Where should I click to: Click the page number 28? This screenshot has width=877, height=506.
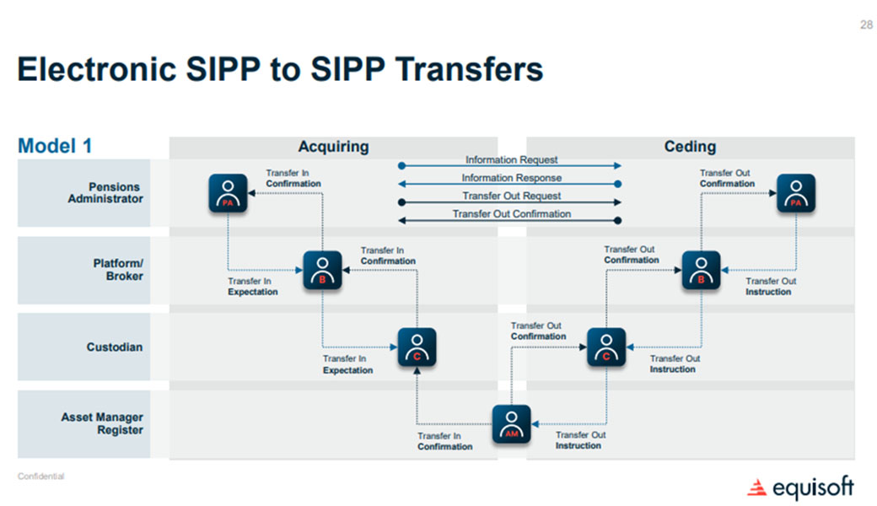click(x=866, y=24)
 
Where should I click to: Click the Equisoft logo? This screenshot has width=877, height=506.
click(x=800, y=487)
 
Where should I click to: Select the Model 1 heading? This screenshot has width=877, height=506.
click(x=55, y=146)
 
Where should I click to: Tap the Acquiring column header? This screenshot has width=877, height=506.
click(x=333, y=147)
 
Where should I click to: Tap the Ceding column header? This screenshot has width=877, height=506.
click(x=690, y=147)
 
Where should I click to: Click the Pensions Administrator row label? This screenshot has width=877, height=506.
click(x=105, y=193)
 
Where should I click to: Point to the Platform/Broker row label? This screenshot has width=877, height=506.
click(x=117, y=270)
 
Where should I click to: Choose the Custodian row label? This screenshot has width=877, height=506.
click(x=115, y=347)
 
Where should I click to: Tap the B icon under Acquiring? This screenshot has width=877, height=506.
click(x=322, y=270)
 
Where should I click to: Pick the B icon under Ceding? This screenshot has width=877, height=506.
click(x=701, y=270)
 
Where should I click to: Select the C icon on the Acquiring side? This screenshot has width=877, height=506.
click(x=417, y=347)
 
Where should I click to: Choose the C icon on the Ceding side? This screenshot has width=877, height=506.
click(x=606, y=347)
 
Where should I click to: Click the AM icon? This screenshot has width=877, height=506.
click(x=511, y=423)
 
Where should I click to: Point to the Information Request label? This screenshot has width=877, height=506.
click(x=511, y=159)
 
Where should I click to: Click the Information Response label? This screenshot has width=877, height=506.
click(x=511, y=178)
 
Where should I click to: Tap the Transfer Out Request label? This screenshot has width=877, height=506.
click(x=511, y=196)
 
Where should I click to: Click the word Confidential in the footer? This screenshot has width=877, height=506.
click(x=40, y=476)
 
